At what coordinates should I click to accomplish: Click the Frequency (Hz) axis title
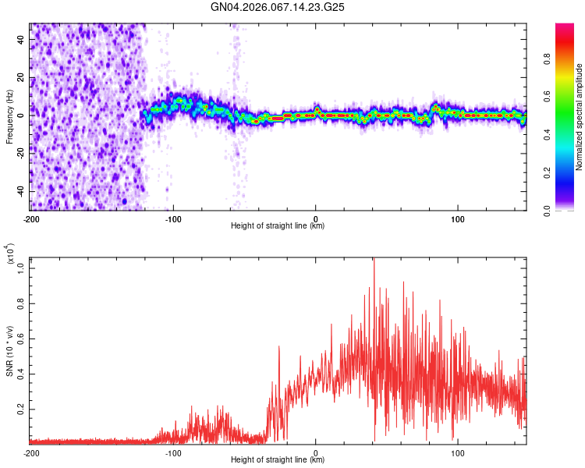click(9, 117)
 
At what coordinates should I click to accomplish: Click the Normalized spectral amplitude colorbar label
click(580, 117)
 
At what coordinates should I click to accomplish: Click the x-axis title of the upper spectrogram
click(278, 225)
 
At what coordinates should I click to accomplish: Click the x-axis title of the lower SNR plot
click(278, 459)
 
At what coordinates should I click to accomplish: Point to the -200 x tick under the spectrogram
click(31, 218)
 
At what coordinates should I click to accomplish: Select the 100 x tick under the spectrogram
click(458, 218)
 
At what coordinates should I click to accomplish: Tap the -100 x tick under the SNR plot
click(173, 452)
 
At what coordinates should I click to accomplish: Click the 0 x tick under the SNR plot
click(316, 452)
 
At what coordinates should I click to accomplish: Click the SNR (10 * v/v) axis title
click(9, 351)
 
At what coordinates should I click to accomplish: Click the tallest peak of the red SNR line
click(374, 260)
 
